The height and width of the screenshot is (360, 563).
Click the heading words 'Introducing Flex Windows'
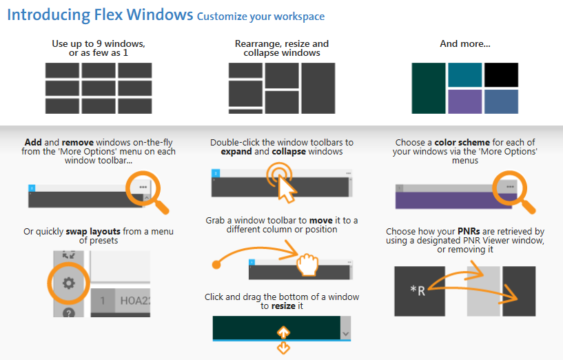[100, 14]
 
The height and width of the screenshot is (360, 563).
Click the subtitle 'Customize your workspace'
[260, 17]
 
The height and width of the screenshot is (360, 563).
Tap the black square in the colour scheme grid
[500, 74]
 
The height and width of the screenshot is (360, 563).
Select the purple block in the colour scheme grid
[464, 101]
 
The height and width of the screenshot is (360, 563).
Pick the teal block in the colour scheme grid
[464, 74]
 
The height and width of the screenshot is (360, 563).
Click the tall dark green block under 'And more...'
[428, 88]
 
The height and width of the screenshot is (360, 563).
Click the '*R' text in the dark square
[418, 290]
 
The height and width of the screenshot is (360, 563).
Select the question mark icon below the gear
[68, 312]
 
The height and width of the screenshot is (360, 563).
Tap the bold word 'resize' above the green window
[286, 306]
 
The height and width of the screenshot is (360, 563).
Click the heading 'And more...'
[464, 44]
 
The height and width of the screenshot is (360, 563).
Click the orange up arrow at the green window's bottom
[283, 332]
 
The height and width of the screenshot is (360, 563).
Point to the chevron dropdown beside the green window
[346, 332]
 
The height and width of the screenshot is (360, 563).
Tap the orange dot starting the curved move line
[216, 263]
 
